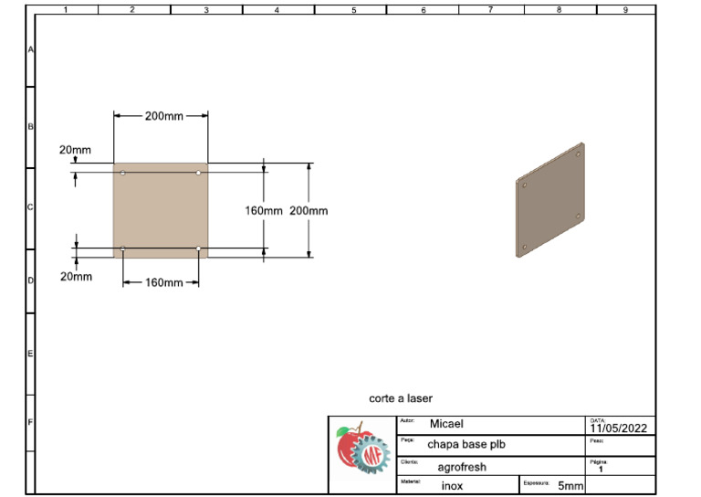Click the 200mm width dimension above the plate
(163, 116)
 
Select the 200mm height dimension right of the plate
(309, 210)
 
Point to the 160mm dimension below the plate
(163, 282)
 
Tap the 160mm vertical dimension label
(264, 210)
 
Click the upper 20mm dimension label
(75, 150)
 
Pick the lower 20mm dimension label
(76, 276)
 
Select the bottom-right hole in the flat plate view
(198, 248)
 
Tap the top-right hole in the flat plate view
(198, 173)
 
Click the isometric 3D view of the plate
(550, 201)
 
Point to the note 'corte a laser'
(401, 398)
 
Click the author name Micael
(446, 424)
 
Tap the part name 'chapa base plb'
(466, 445)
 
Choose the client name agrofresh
(462, 467)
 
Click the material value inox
(452, 486)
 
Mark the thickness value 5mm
(570, 486)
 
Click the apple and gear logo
(362, 454)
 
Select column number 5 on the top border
(353, 10)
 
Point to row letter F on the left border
(30, 422)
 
